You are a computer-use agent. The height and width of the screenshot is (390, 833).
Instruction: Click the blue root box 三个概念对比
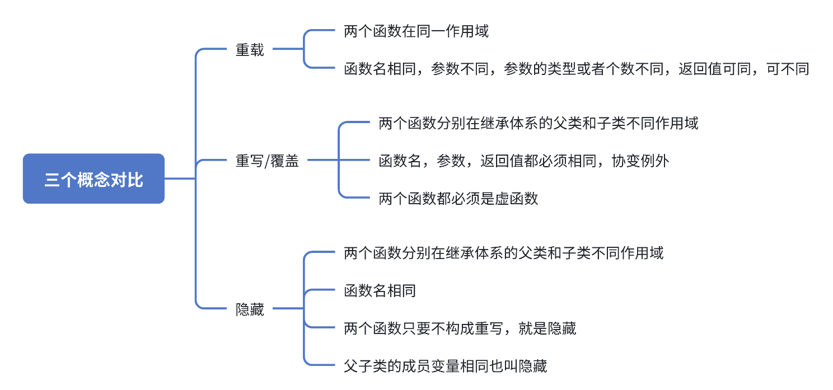pyautogui.click(x=93, y=179)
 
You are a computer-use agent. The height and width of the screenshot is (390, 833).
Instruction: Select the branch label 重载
pyautogui.click(x=250, y=50)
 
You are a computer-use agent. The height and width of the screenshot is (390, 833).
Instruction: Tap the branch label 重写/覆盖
pyautogui.click(x=267, y=161)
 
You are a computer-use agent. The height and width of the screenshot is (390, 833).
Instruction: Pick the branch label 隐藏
pyautogui.click(x=250, y=309)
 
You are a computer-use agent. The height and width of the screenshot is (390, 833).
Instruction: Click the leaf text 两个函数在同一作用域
pyautogui.click(x=416, y=31)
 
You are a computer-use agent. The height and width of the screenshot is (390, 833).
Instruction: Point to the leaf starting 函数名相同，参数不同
pyautogui.click(x=577, y=69)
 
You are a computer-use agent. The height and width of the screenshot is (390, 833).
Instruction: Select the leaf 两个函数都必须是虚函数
pyautogui.click(x=458, y=199)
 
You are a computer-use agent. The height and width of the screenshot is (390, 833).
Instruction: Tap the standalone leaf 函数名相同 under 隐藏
pyautogui.click(x=380, y=291)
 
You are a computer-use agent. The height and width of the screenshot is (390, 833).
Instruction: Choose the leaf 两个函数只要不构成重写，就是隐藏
pyautogui.click(x=460, y=328)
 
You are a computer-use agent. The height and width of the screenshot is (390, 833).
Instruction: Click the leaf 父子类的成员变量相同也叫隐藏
pyautogui.click(x=445, y=366)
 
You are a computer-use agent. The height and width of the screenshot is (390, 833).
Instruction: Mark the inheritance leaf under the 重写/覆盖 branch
pyautogui.click(x=539, y=123)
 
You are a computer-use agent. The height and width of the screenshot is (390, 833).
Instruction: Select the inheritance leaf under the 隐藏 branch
pyautogui.click(x=504, y=253)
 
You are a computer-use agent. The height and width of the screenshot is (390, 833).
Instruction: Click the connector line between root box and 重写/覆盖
pyautogui.click(x=180, y=179)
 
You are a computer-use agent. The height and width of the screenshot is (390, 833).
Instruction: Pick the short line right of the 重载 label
pyautogui.click(x=288, y=50)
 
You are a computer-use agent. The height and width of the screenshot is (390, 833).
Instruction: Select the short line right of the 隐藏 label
pyautogui.click(x=288, y=309)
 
